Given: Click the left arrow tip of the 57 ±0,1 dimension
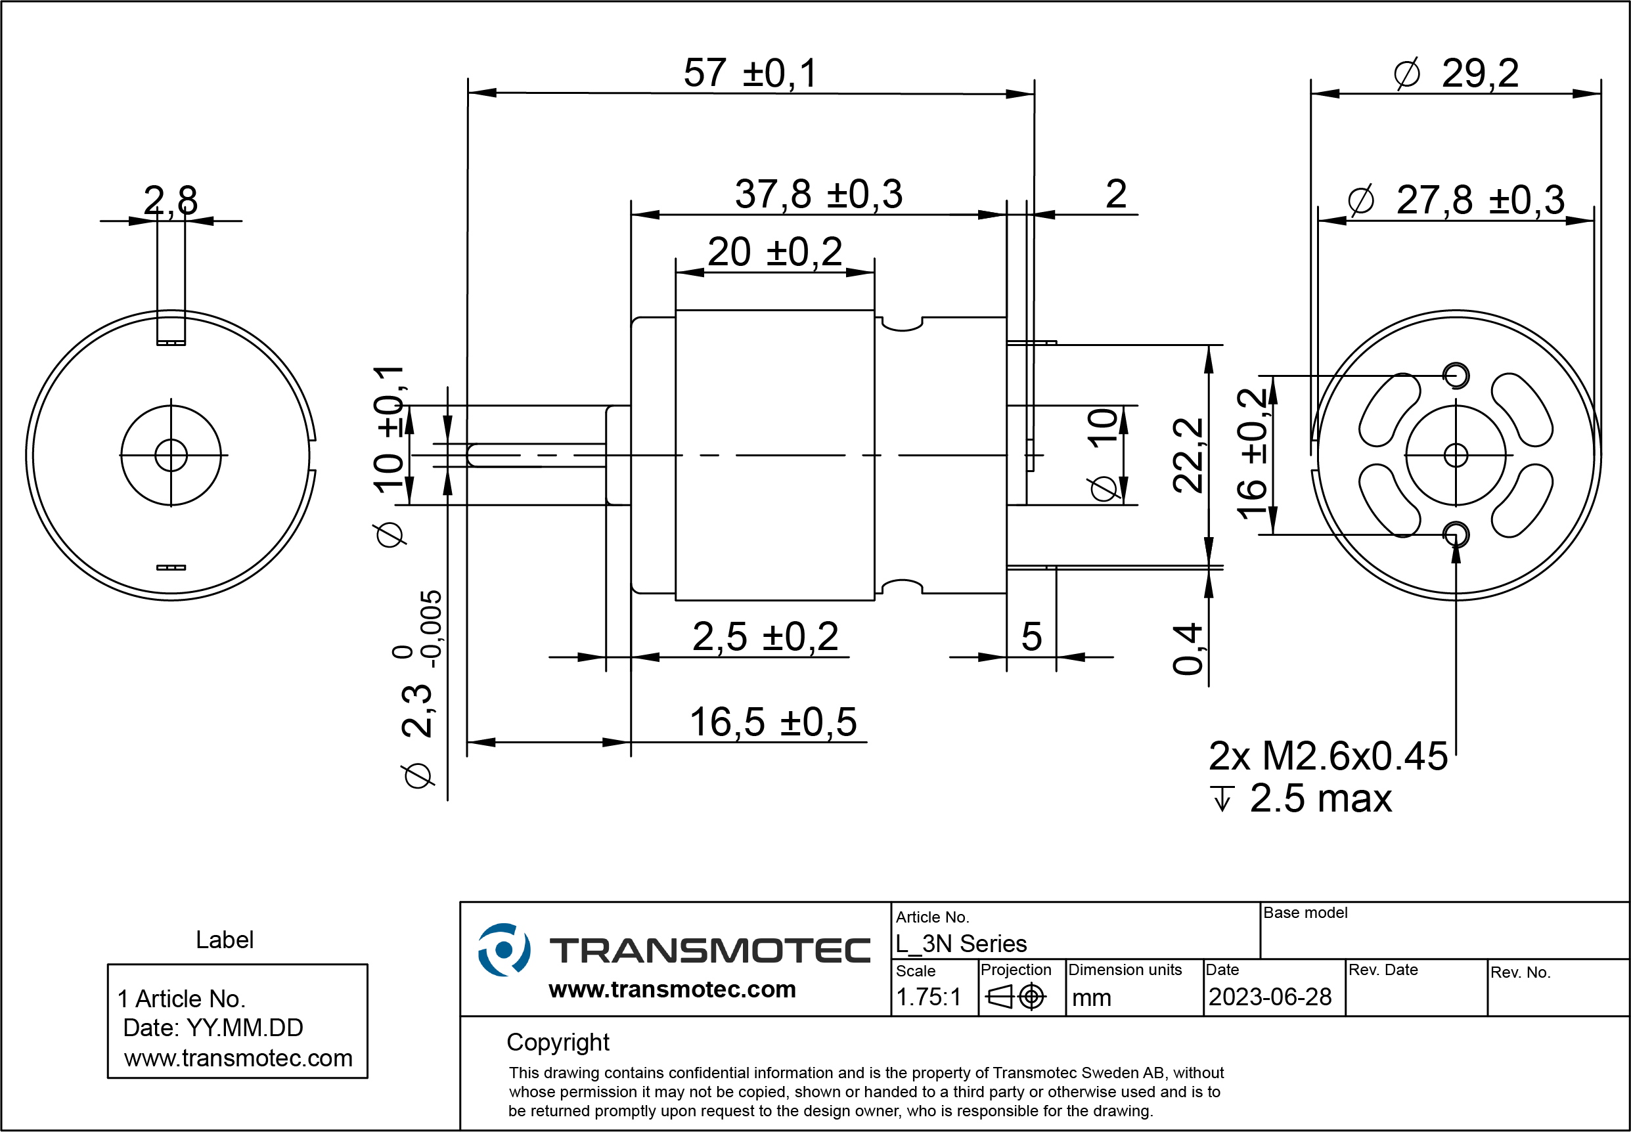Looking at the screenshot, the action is pyautogui.click(x=468, y=92).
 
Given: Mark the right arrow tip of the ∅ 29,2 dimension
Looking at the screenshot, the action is pyautogui.click(x=1601, y=94).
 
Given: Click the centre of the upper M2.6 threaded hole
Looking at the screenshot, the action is pyautogui.click(x=1456, y=375).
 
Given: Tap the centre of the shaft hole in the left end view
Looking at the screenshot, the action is pyautogui.click(x=171, y=455).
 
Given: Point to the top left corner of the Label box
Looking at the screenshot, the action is pyautogui.click(x=108, y=965).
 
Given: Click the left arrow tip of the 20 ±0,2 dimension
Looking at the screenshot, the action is pyautogui.click(x=676, y=272).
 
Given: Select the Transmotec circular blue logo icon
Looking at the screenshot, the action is pyautogui.click(x=504, y=949).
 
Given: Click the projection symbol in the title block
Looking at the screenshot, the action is pyautogui.click(x=1016, y=997).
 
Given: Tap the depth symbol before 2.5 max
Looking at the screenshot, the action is pyautogui.click(x=1222, y=798).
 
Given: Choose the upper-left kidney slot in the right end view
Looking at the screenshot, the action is pyautogui.click(x=1389, y=409).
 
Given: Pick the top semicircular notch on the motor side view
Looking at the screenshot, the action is pyautogui.click(x=902, y=324).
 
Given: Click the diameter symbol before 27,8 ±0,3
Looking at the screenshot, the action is pyautogui.click(x=1361, y=200).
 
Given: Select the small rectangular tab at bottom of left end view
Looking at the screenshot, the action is pyautogui.click(x=171, y=567).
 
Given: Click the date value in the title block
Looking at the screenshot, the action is pyautogui.click(x=1270, y=997).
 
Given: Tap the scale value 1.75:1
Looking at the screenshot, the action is pyautogui.click(x=928, y=997).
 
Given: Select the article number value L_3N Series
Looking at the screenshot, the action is pyautogui.click(x=960, y=944).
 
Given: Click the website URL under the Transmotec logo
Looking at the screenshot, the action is pyautogui.click(x=672, y=989).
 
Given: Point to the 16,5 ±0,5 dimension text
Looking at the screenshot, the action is pyautogui.click(x=773, y=722).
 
